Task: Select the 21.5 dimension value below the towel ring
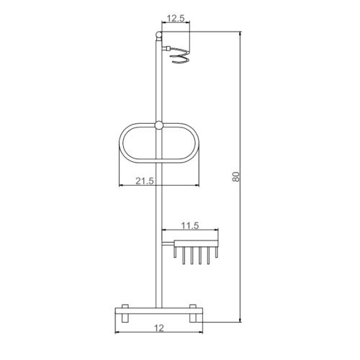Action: click(x=145, y=181)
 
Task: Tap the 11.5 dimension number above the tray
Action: click(x=190, y=226)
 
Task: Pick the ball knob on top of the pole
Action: click(x=158, y=33)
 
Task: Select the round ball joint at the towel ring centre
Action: click(x=158, y=127)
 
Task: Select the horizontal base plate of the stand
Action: click(x=158, y=310)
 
